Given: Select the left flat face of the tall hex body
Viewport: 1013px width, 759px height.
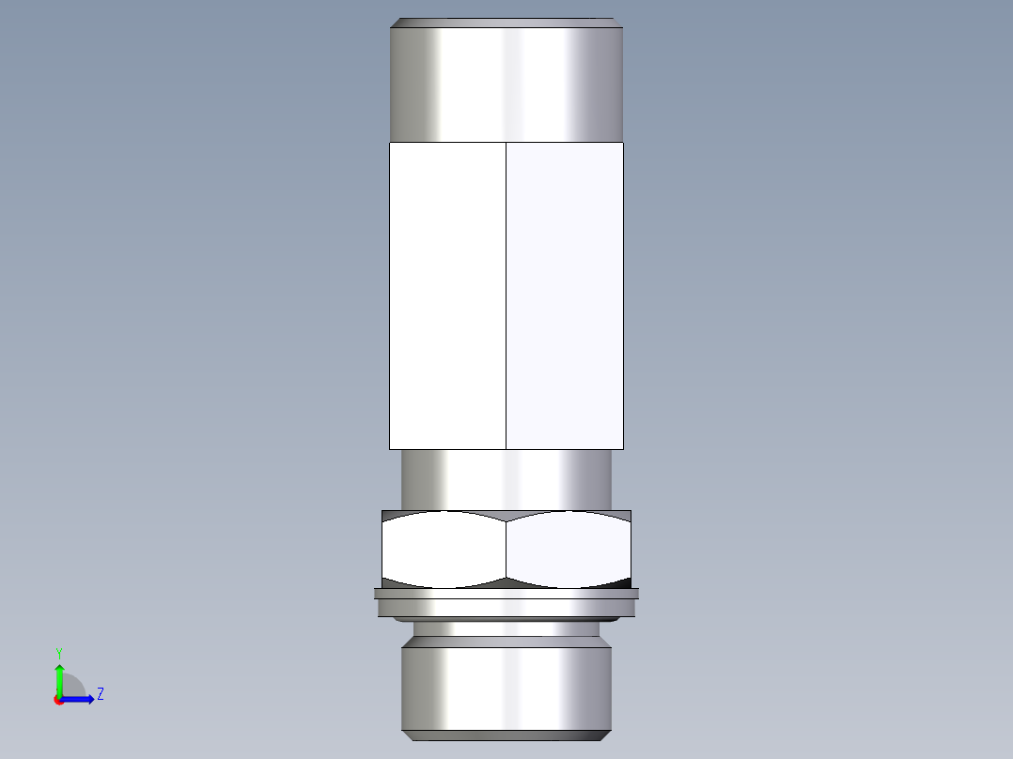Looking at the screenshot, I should pos(447,296).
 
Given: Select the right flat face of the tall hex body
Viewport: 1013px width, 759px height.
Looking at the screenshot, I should pos(565,296).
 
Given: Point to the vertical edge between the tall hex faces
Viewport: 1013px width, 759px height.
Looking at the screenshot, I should pos(506,296).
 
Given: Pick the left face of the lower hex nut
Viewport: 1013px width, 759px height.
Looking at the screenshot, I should pos(444,550).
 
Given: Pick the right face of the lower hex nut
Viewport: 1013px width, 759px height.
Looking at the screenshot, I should pos(569,550).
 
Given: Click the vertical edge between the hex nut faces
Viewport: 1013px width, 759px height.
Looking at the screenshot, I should pos(506,550).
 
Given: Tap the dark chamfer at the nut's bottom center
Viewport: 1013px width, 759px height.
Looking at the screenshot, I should pos(506,582).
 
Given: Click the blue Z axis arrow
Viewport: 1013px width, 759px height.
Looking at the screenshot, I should pos(81,699).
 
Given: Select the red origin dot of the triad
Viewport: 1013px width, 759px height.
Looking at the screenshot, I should pos(58,700).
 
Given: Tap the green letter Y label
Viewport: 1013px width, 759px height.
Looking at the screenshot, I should pos(58,653).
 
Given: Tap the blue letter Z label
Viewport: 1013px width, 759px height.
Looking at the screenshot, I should pos(100,694).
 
